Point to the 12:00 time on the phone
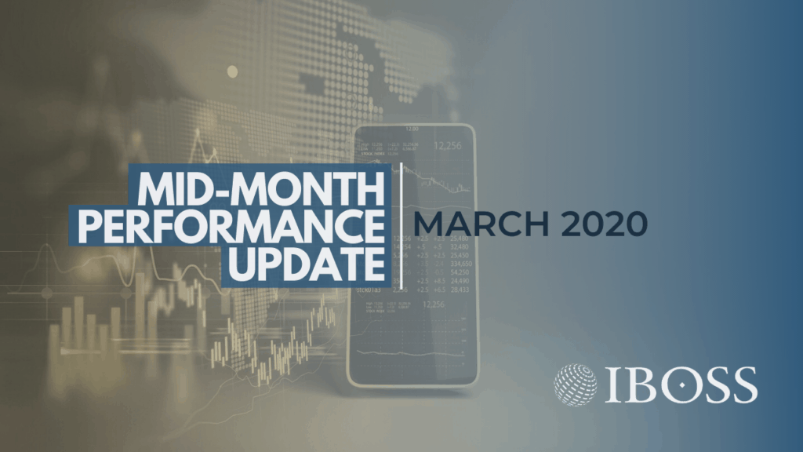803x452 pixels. tap(412, 128)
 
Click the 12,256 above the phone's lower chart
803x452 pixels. tap(432, 304)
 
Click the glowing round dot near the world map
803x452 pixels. tap(232, 71)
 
